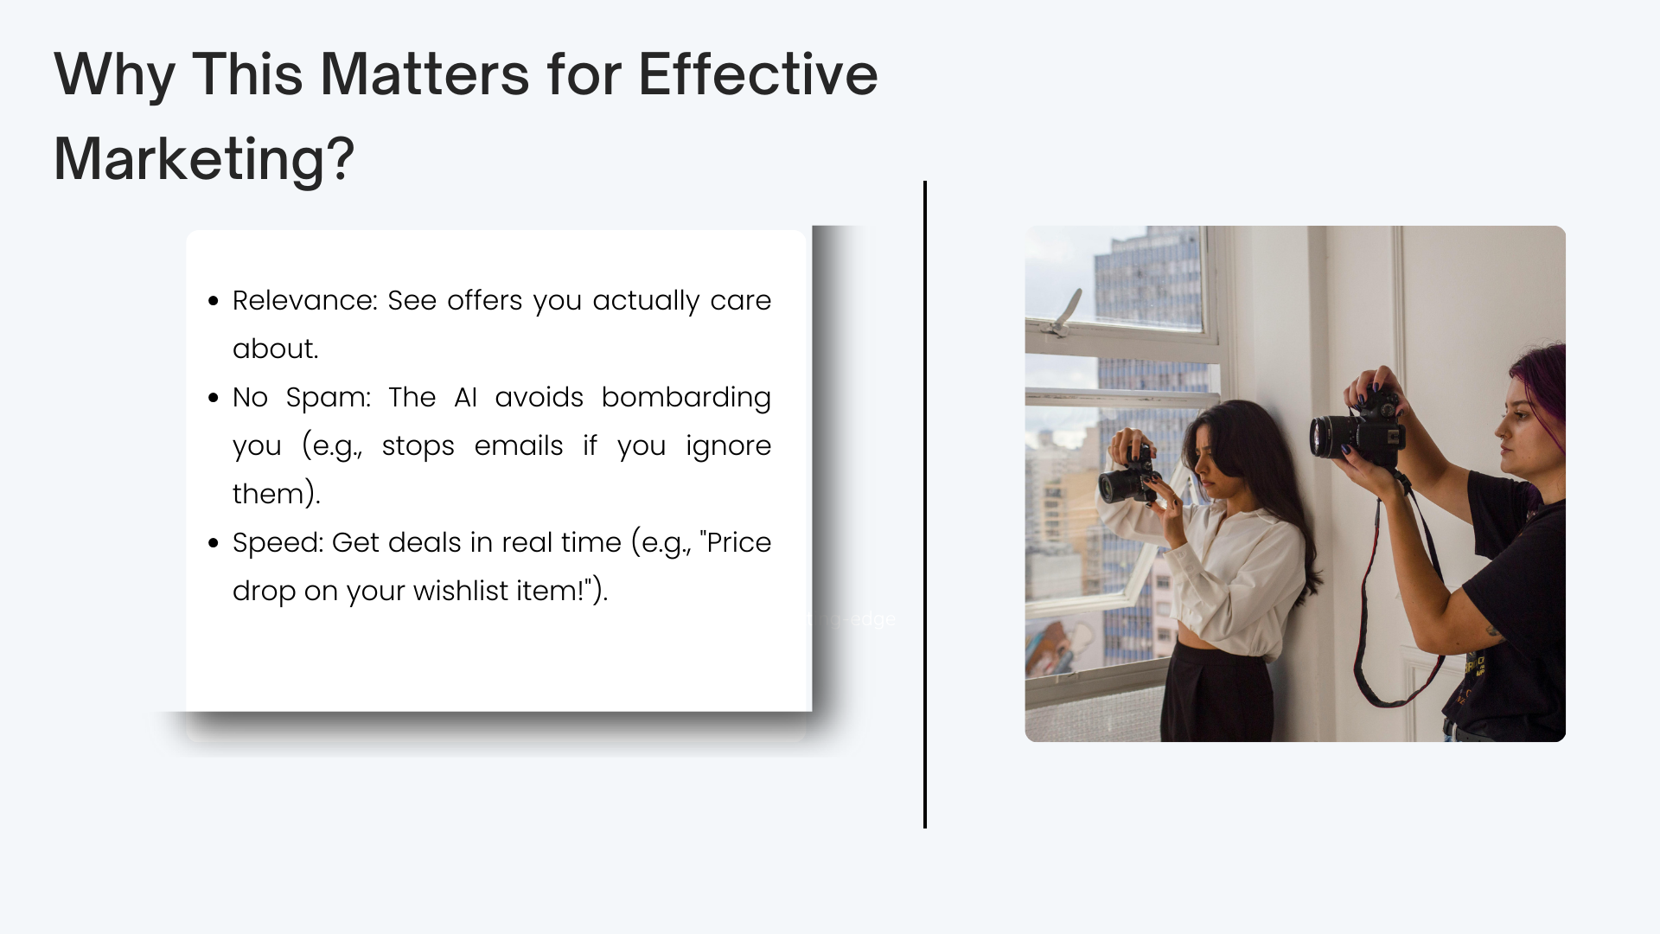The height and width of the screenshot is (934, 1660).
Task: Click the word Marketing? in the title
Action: coord(204,160)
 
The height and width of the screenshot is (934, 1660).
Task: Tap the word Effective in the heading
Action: coord(758,74)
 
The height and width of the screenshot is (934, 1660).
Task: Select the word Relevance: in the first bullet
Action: coord(305,300)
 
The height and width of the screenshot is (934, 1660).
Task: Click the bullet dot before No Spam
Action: coord(214,398)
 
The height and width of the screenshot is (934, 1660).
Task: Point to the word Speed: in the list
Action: coord(278,543)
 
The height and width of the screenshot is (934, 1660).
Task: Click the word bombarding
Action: coord(686,398)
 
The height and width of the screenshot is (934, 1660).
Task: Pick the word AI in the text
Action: coord(465,398)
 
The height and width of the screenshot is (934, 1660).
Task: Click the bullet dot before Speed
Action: coord(214,543)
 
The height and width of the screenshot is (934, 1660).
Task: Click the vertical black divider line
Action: coord(925,505)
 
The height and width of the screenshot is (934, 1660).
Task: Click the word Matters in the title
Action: coord(425,74)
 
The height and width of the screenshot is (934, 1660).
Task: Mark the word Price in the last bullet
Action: coord(738,543)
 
